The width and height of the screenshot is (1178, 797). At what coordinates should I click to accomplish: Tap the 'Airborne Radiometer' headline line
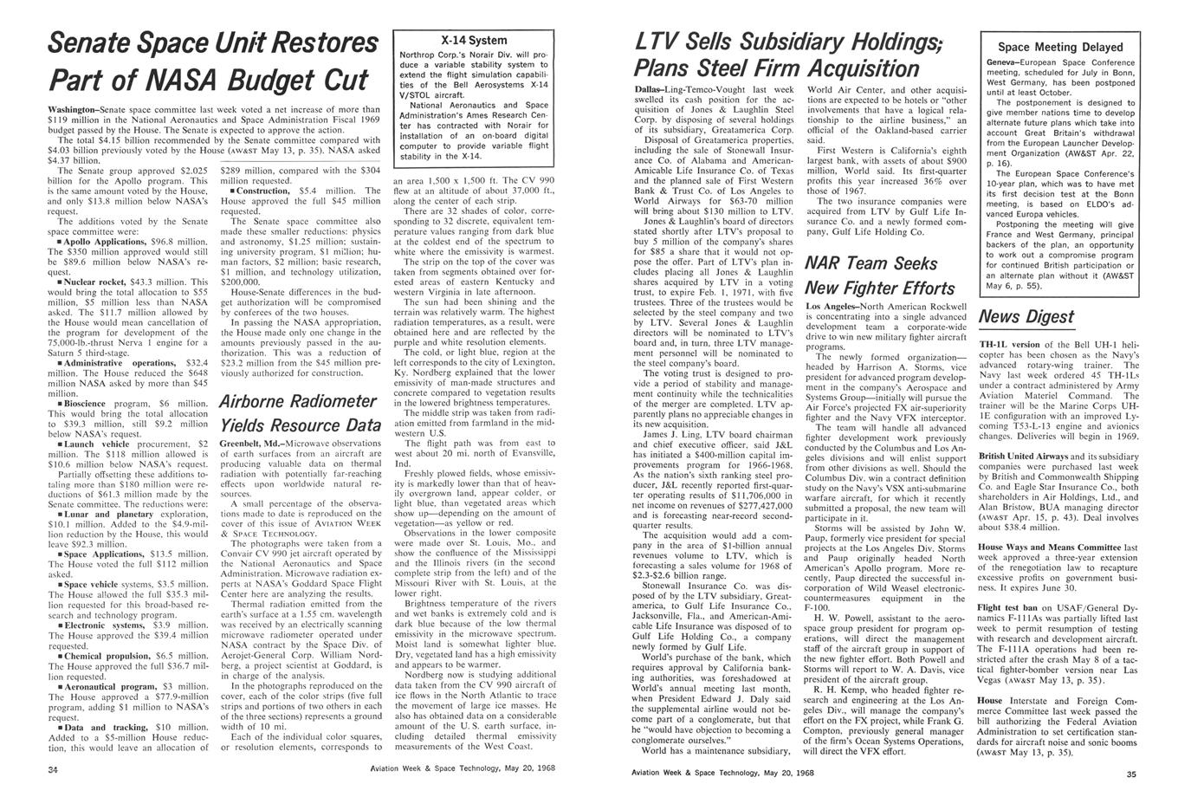298,401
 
